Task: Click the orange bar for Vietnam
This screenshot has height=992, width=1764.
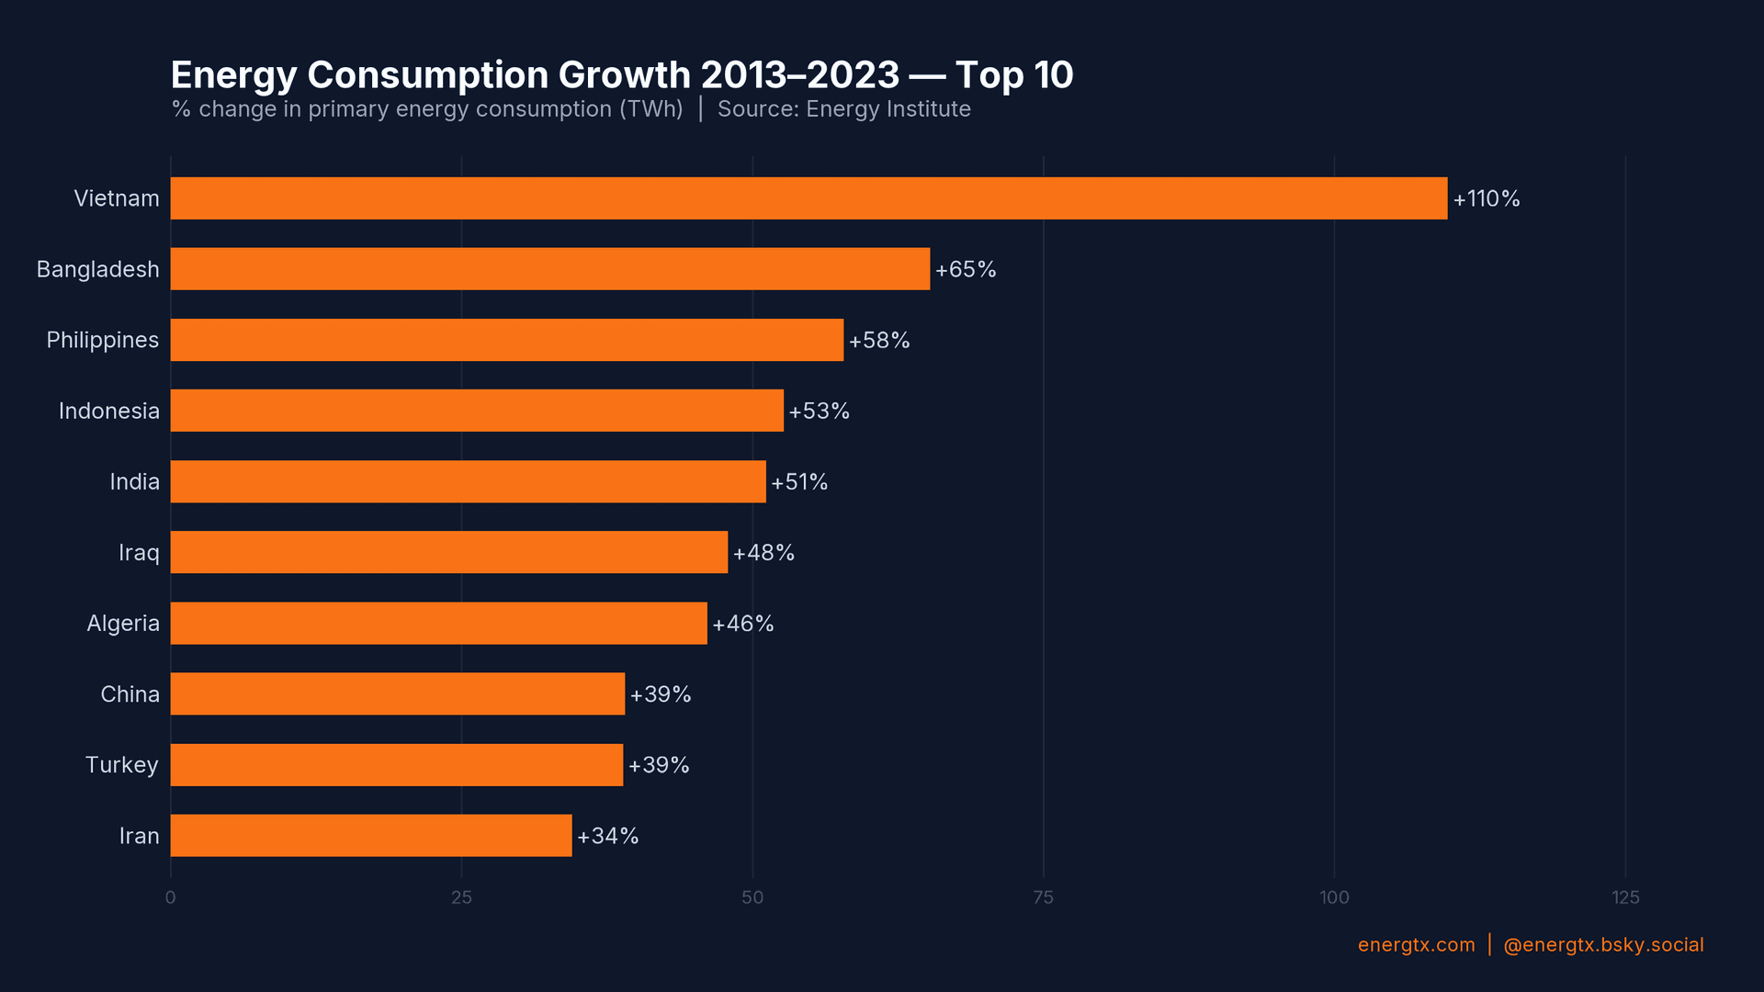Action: tap(808, 198)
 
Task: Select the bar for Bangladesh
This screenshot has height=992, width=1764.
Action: tap(549, 269)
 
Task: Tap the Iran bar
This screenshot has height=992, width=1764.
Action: tap(370, 836)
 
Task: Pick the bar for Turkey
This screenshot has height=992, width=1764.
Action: tap(396, 765)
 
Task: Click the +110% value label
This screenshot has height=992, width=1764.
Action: tap(1486, 199)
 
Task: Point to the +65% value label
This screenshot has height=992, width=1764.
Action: tap(965, 270)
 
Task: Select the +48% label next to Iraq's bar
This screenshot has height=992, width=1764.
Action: tap(763, 553)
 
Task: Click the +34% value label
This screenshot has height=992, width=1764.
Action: tap(607, 837)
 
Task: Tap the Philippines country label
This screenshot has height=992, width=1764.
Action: tap(102, 341)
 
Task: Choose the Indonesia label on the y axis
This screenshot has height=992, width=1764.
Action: tap(108, 411)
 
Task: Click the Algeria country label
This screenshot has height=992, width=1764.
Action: tap(122, 624)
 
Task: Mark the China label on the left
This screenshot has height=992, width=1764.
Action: tap(130, 694)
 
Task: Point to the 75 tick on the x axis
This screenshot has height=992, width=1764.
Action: tap(1043, 897)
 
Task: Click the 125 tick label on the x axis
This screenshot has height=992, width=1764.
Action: tap(1624, 897)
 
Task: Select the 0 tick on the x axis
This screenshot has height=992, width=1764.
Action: tap(170, 897)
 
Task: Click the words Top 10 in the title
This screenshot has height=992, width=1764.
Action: tap(1013, 75)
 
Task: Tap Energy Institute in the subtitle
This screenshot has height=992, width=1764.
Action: tap(888, 109)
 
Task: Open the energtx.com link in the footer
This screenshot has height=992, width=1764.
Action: tap(1416, 945)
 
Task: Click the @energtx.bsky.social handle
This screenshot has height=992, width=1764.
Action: tap(1602, 945)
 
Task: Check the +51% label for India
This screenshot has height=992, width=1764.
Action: tap(798, 482)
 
